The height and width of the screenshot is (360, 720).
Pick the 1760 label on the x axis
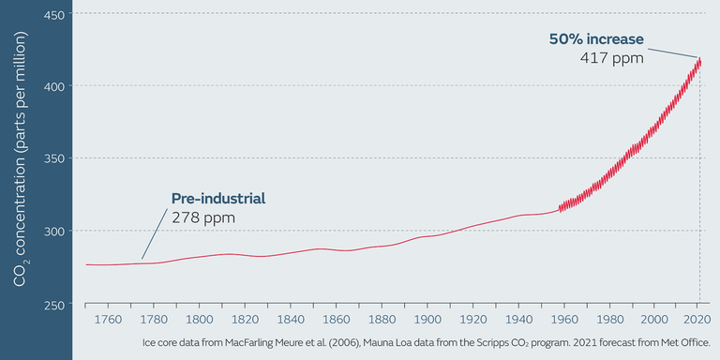point(108,320)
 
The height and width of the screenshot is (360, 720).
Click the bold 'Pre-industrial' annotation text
point(218,199)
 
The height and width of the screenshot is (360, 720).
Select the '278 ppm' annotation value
point(202,217)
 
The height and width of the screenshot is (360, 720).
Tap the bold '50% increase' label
point(596,39)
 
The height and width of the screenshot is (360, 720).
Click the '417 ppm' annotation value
point(612,58)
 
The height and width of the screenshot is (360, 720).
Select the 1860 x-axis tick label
point(336,320)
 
